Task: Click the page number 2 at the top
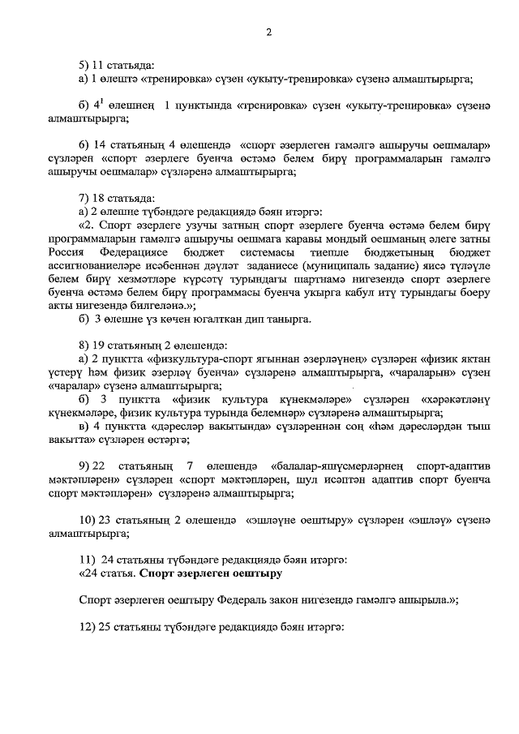coord(268,32)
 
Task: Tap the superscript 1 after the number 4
coord(104,101)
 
